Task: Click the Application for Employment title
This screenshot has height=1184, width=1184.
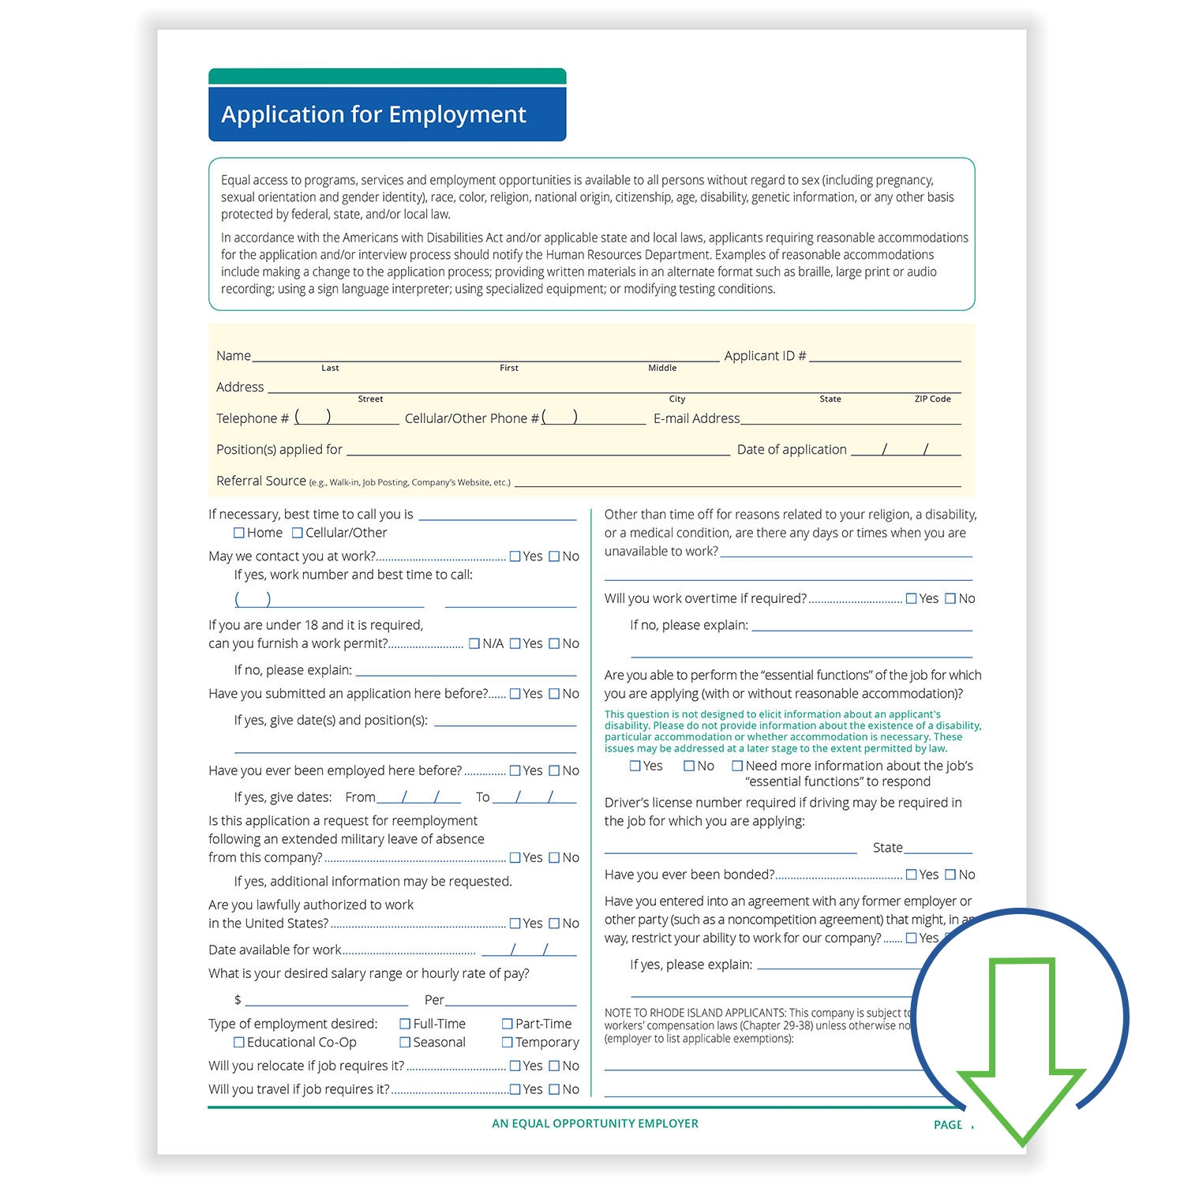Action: (373, 114)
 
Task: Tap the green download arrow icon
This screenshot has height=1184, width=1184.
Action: (1021, 1050)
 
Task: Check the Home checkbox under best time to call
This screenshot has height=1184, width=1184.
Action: (239, 533)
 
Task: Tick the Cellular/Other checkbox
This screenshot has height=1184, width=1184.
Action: (298, 533)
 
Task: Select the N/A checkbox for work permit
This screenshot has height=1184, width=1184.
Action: (474, 643)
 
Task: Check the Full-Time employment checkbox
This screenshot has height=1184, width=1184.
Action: (405, 1024)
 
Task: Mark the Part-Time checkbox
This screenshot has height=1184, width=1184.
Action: (508, 1024)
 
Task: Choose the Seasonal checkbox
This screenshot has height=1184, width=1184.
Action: (405, 1042)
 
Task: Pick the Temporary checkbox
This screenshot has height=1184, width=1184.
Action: (508, 1042)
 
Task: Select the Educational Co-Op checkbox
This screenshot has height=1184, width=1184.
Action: (239, 1042)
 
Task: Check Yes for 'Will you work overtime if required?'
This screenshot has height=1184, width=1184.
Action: (912, 598)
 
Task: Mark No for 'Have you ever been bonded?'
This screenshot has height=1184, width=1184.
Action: (950, 875)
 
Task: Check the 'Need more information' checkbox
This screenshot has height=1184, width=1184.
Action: (737, 766)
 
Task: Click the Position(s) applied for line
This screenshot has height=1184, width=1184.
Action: (537, 449)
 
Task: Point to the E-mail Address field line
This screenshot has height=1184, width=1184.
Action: (851, 418)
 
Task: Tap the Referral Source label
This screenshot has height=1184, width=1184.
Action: (261, 481)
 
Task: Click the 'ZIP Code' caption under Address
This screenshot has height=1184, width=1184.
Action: (932, 399)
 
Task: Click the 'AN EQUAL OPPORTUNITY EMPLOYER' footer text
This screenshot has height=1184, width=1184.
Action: (595, 1123)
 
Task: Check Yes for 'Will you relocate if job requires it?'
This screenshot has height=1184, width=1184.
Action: (515, 1066)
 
